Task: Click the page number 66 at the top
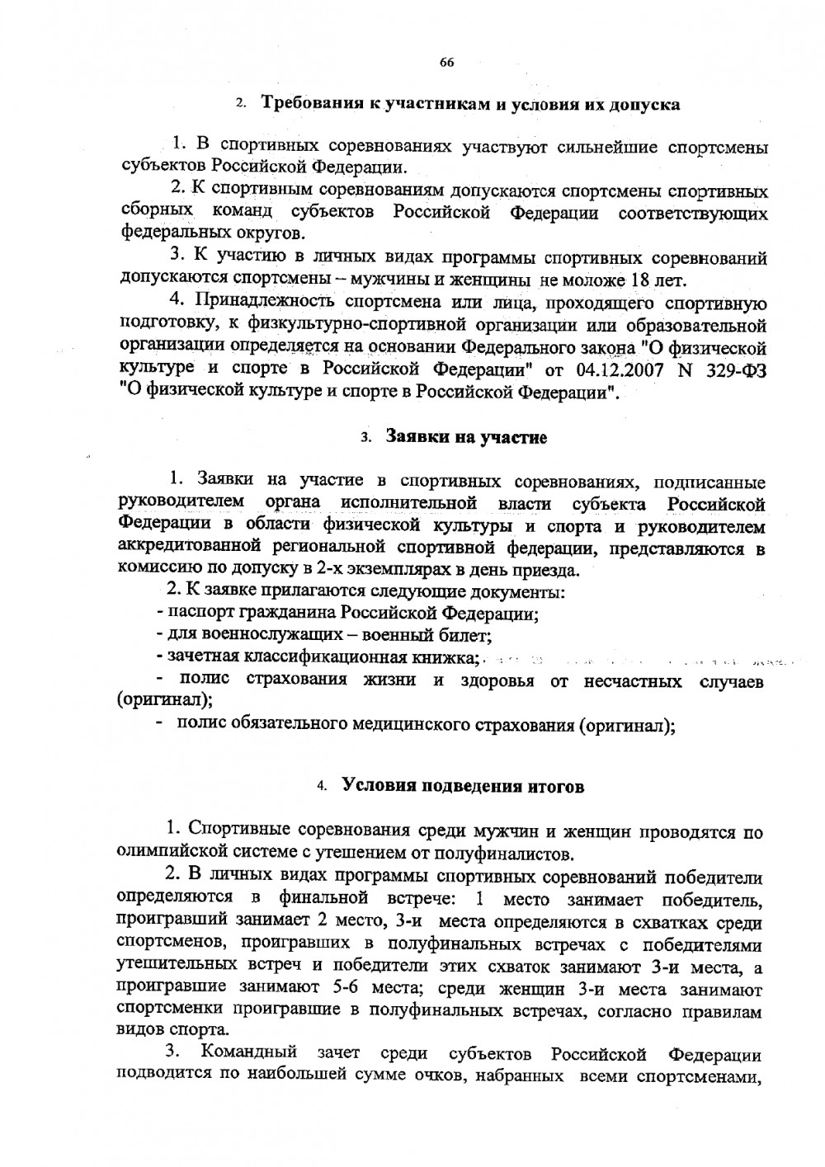[447, 63]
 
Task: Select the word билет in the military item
[470, 636]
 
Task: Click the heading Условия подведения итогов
[463, 786]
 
